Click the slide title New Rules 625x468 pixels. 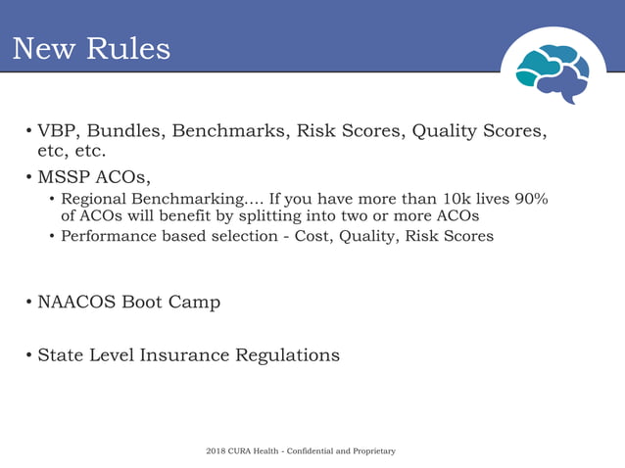point(91,48)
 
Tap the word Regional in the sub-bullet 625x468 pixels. point(95,199)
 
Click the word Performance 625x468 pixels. point(107,236)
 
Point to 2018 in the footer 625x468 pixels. point(216,451)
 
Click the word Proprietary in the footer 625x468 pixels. point(371,451)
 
